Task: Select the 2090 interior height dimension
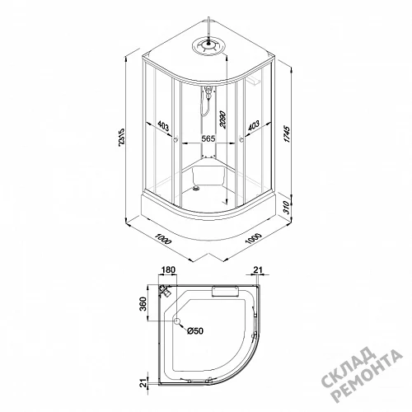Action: (222, 119)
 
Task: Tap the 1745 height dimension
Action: (287, 134)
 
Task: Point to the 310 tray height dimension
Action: (286, 208)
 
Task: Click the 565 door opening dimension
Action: (208, 138)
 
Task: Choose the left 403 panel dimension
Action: (163, 126)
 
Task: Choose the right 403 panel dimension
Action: (254, 125)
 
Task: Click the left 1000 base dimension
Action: (163, 239)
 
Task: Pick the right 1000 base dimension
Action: (253, 238)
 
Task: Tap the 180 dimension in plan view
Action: (168, 269)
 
